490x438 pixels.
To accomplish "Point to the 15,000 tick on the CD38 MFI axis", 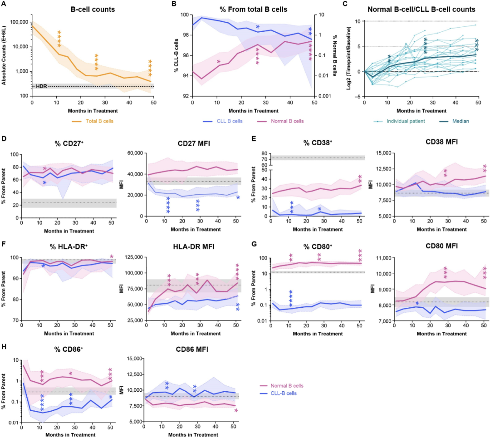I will point(382,154).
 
